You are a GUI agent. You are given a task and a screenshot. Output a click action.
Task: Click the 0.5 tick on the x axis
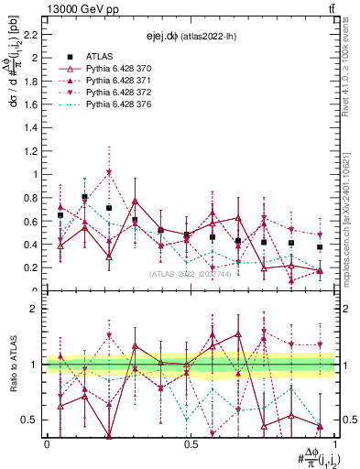191,444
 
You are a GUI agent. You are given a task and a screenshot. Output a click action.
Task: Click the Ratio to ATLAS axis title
12,365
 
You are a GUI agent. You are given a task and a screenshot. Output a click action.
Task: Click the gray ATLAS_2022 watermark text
191,273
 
